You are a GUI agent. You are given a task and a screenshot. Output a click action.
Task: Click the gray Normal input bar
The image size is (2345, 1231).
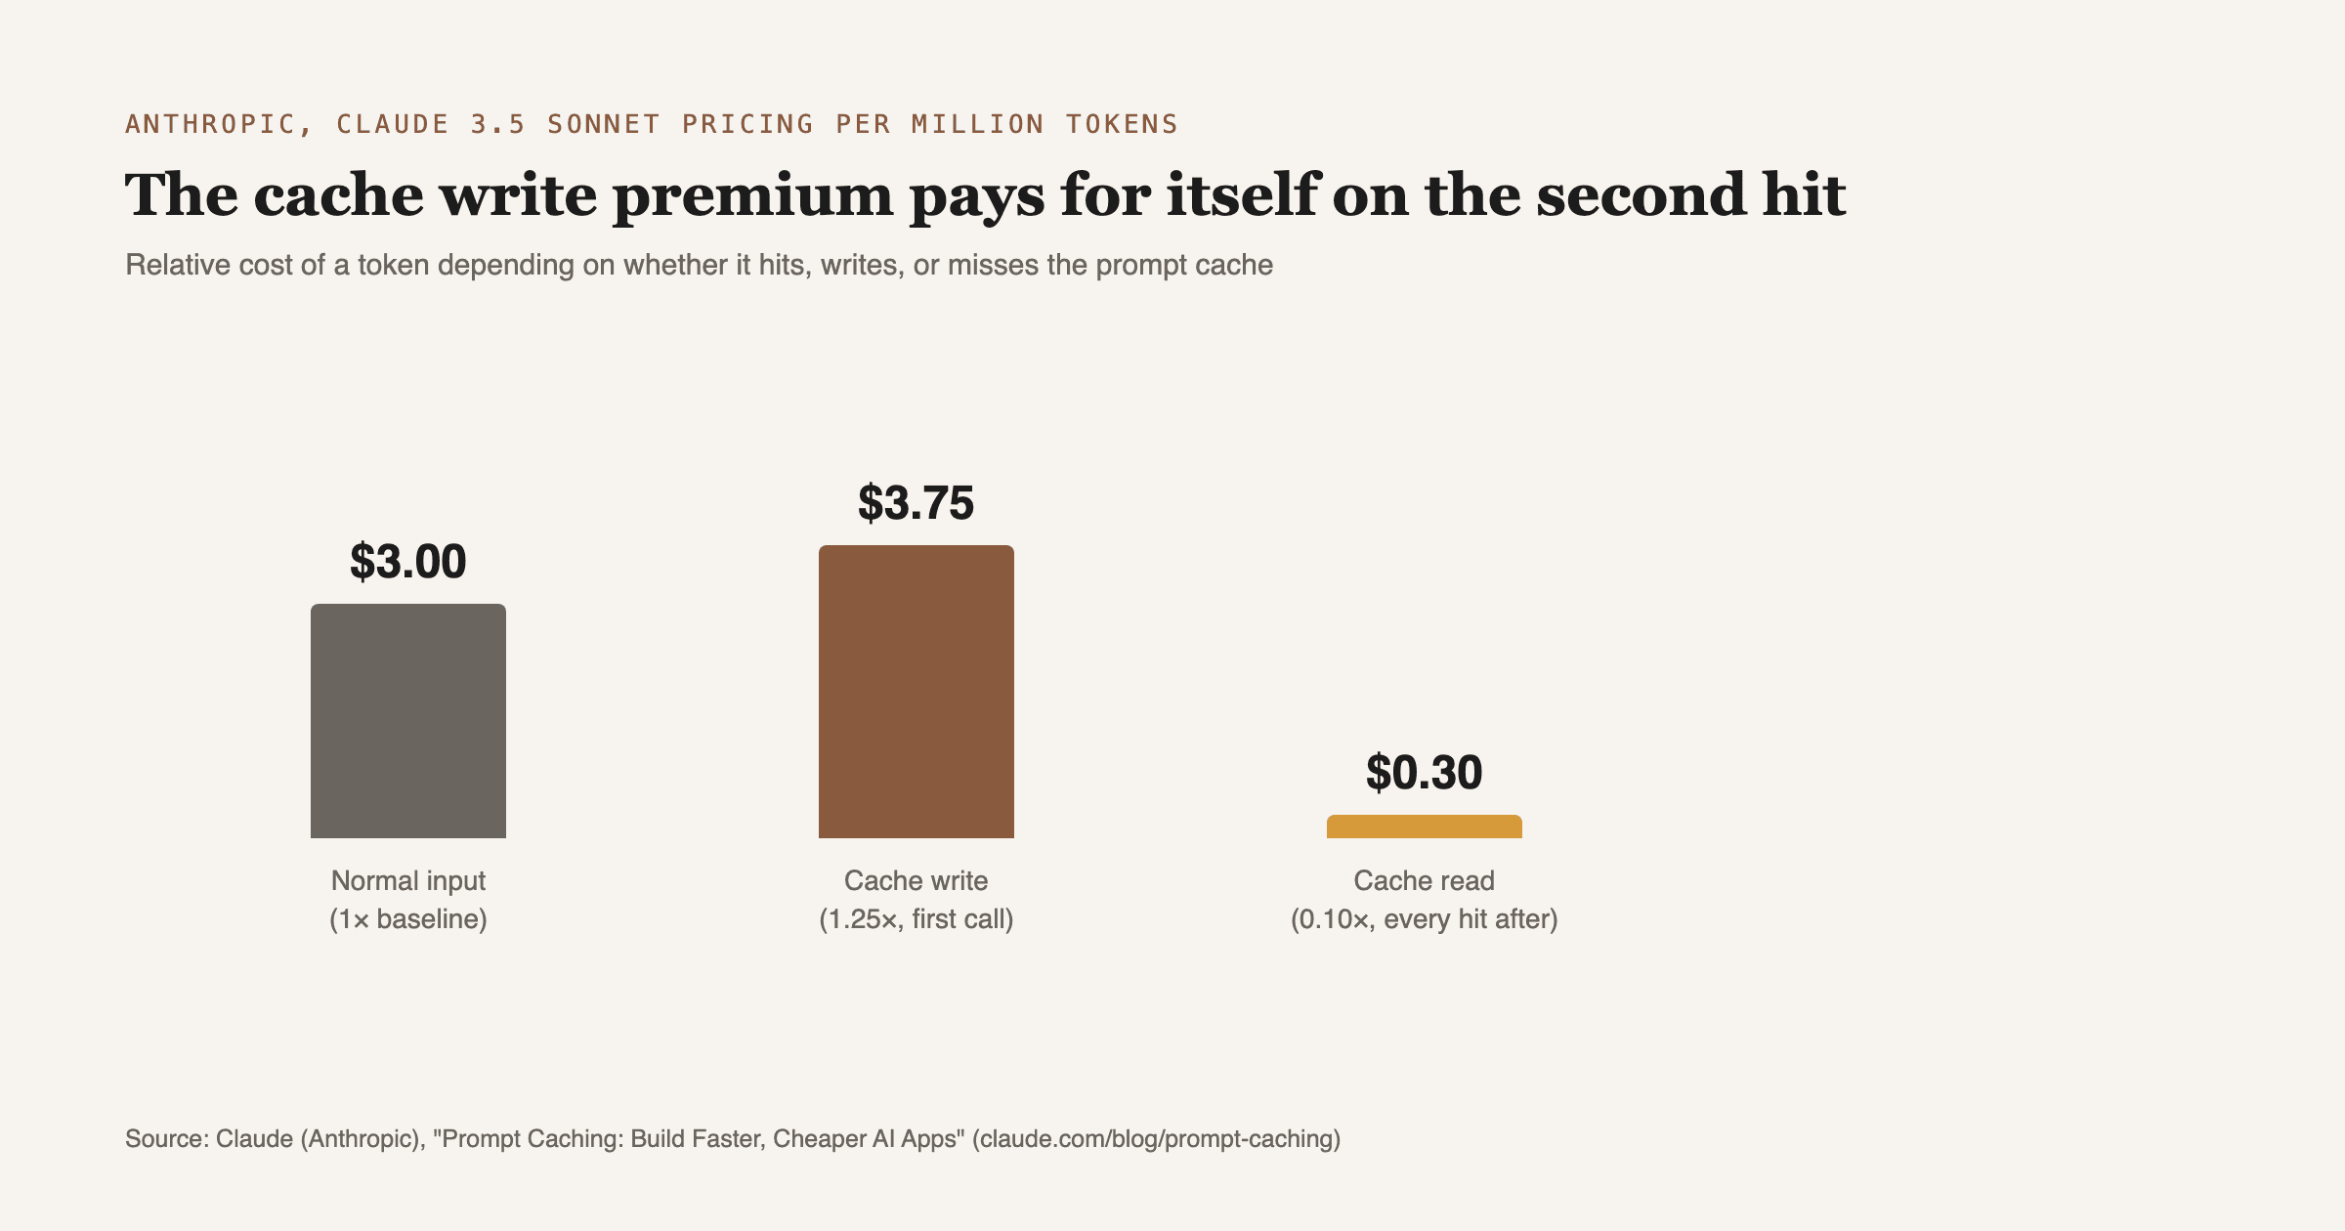[408, 721]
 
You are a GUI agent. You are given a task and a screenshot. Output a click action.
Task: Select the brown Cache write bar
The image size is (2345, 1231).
[917, 692]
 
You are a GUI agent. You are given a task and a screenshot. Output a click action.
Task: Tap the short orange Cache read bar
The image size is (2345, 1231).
[1425, 827]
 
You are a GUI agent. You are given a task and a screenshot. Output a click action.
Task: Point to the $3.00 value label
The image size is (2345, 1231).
[408, 562]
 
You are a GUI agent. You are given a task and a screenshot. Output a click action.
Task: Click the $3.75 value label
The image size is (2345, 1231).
[917, 503]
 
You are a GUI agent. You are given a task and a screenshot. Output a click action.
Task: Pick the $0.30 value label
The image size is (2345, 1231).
[1425, 773]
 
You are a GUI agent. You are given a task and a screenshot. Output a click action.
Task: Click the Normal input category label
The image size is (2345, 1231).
[408, 881]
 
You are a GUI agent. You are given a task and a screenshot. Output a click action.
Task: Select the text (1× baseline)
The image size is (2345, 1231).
[408, 919]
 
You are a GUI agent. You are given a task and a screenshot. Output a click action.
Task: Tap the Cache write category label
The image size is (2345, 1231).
[917, 881]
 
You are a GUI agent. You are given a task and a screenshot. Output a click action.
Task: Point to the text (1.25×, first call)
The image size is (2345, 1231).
[917, 919]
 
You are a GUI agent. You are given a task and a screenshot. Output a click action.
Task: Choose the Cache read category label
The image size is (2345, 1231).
[1425, 881]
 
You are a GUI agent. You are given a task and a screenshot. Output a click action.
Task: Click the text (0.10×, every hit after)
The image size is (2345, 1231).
[1425, 919]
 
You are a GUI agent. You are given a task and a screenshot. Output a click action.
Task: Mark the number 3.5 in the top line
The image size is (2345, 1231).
[498, 124]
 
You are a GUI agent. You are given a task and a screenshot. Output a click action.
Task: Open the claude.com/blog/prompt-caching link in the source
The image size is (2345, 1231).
[1156, 1139]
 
